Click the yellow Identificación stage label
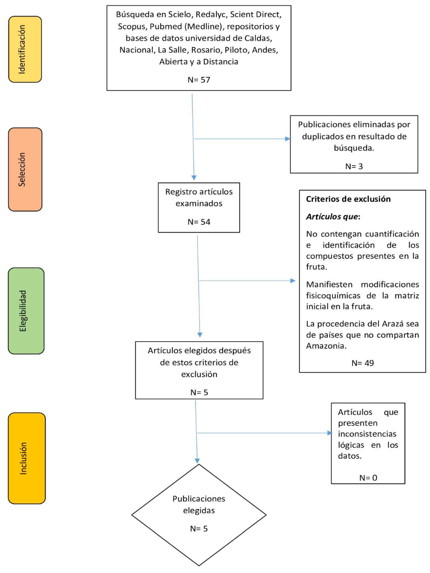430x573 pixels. pyautogui.click(x=25, y=49)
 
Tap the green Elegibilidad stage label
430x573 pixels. pyautogui.click(x=26, y=311)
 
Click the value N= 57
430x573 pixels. pyautogui.click(x=199, y=80)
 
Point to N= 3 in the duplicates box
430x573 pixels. pyautogui.click(x=354, y=166)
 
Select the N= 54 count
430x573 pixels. pyautogui.click(x=199, y=222)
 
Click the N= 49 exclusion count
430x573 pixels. pyautogui.click(x=362, y=363)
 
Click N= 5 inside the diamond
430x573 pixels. pyautogui.click(x=199, y=528)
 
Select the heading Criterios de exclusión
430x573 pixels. pyautogui.click(x=348, y=199)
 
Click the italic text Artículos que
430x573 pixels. pyautogui.click(x=332, y=216)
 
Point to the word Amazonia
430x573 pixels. pyautogui.click(x=326, y=346)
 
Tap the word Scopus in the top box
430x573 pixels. pyautogui.click(x=131, y=26)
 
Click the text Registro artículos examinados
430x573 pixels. pyautogui.click(x=199, y=197)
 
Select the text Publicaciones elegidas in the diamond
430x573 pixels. pyautogui.click(x=199, y=504)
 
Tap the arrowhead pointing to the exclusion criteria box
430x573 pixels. pyautogui.click(x=293, y=281)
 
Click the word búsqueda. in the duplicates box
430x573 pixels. pyautogui.click(x=354, y=148)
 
